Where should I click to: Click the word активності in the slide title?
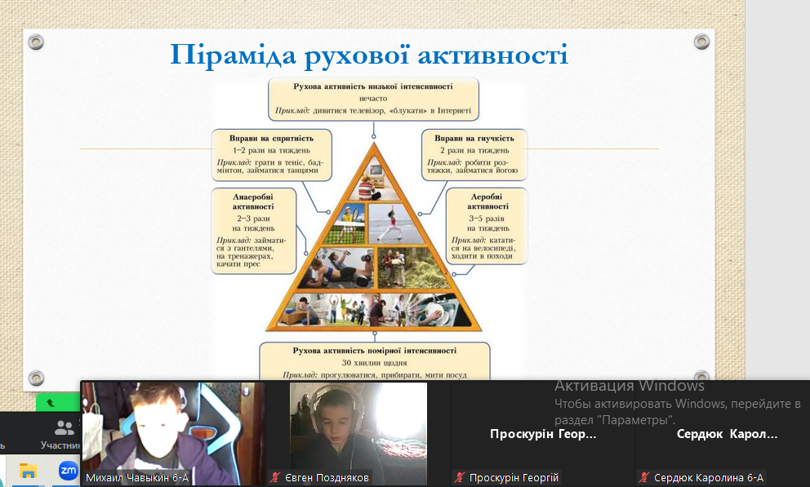[x=493, y=55]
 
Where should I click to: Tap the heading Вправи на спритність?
[x=271, y=138]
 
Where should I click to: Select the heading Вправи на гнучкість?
[x=474, y=138]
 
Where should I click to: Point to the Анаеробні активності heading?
[x=253, y=201]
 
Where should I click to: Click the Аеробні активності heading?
[x=487, y=201]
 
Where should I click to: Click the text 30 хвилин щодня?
[x=375, y=363]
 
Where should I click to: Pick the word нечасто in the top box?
[x=373, y=98]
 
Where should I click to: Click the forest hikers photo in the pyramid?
[x=413, y=268]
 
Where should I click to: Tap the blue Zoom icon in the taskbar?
[x=68, y=471]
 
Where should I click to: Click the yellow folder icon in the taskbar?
[x=28, y=471]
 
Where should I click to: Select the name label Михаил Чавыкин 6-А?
[x=137, y=478]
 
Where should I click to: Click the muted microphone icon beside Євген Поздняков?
[x=275, y=478]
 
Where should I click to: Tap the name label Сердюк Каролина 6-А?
[x=708, y=478]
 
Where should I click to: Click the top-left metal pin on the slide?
[x=36, y=42]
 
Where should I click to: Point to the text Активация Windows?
[x=630, y=386]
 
